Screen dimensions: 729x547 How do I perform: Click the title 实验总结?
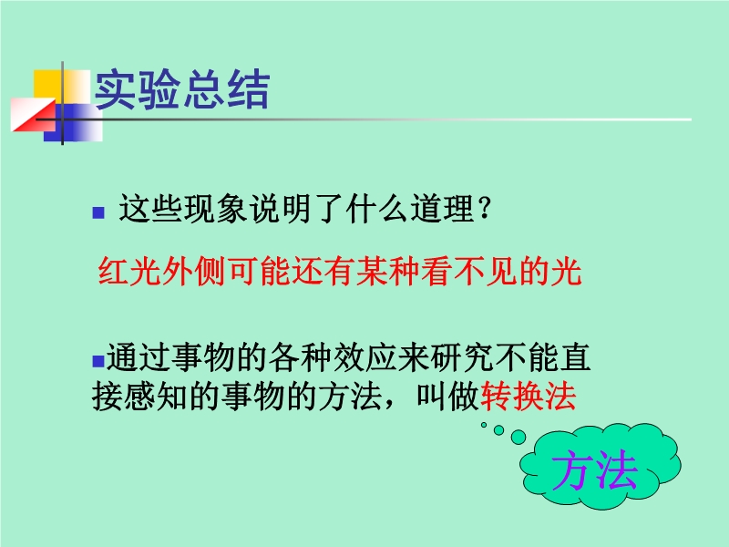181,89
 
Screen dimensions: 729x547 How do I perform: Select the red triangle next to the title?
33,115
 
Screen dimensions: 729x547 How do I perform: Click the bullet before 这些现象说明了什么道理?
98,212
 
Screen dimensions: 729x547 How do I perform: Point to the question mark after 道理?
484,208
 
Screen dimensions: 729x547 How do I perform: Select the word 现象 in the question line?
214,208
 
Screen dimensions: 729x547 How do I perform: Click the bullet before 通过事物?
98,361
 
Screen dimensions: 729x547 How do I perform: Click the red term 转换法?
529,397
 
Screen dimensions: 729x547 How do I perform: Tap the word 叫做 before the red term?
447,397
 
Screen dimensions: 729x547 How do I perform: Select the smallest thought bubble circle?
484,425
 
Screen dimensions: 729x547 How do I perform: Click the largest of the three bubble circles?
519,437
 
